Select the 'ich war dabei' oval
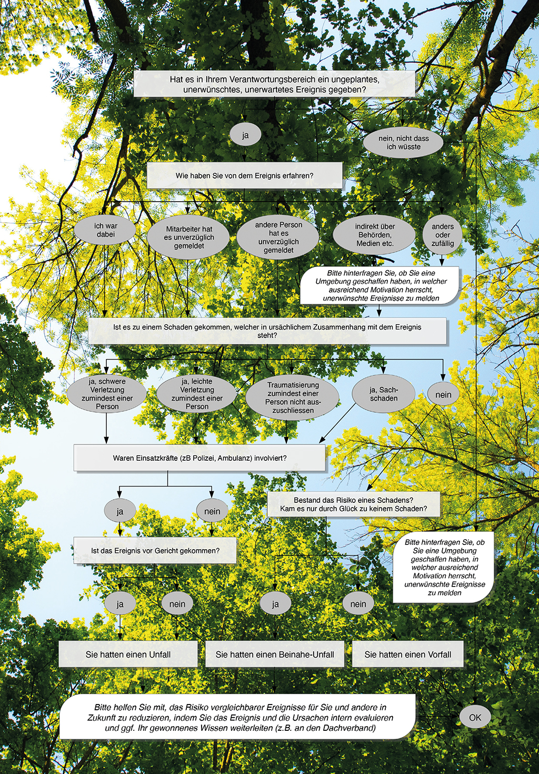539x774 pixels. [x=106, y=230]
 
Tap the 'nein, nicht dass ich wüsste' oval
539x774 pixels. [x=403, y=142]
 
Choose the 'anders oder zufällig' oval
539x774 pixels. [x=443, y=235]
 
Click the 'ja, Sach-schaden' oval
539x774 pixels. [x=384, y=394]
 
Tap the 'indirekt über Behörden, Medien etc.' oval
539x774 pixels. [x=374, y=235]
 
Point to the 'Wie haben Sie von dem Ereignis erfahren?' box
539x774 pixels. [x=245, y=175]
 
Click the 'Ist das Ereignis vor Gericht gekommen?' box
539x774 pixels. [x=155, y=551]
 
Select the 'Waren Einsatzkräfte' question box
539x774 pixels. [x=199, y=458]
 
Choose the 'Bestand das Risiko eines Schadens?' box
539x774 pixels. [x=354, y=504]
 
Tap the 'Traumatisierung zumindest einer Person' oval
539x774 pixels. [x=293, y=398]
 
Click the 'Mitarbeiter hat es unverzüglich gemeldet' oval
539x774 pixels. [x=188, y=237]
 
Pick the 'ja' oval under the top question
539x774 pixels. [x=245, y=135]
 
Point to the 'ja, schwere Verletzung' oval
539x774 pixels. [x=107, y=394]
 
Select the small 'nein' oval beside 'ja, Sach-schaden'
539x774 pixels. [x=443, y=394]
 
